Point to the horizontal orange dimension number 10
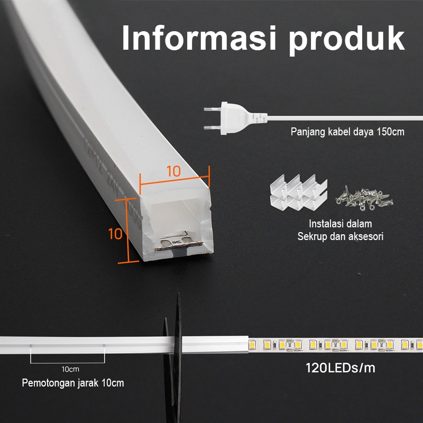pos(174,171)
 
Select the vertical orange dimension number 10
pos(115,233)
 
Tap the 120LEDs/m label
pos(341,368)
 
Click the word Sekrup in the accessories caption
pos(310,236)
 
